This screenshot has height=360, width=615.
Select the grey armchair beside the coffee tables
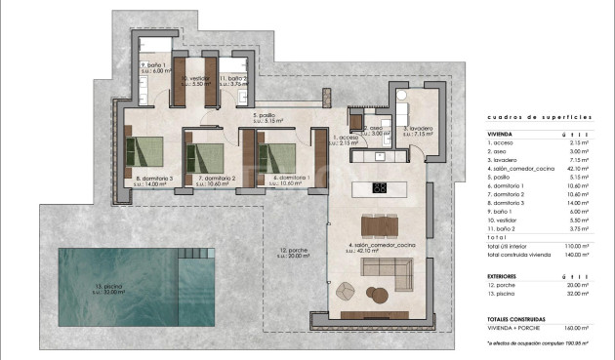[x=348, y=289]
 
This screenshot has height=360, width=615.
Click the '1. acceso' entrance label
[x=347, y=139]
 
